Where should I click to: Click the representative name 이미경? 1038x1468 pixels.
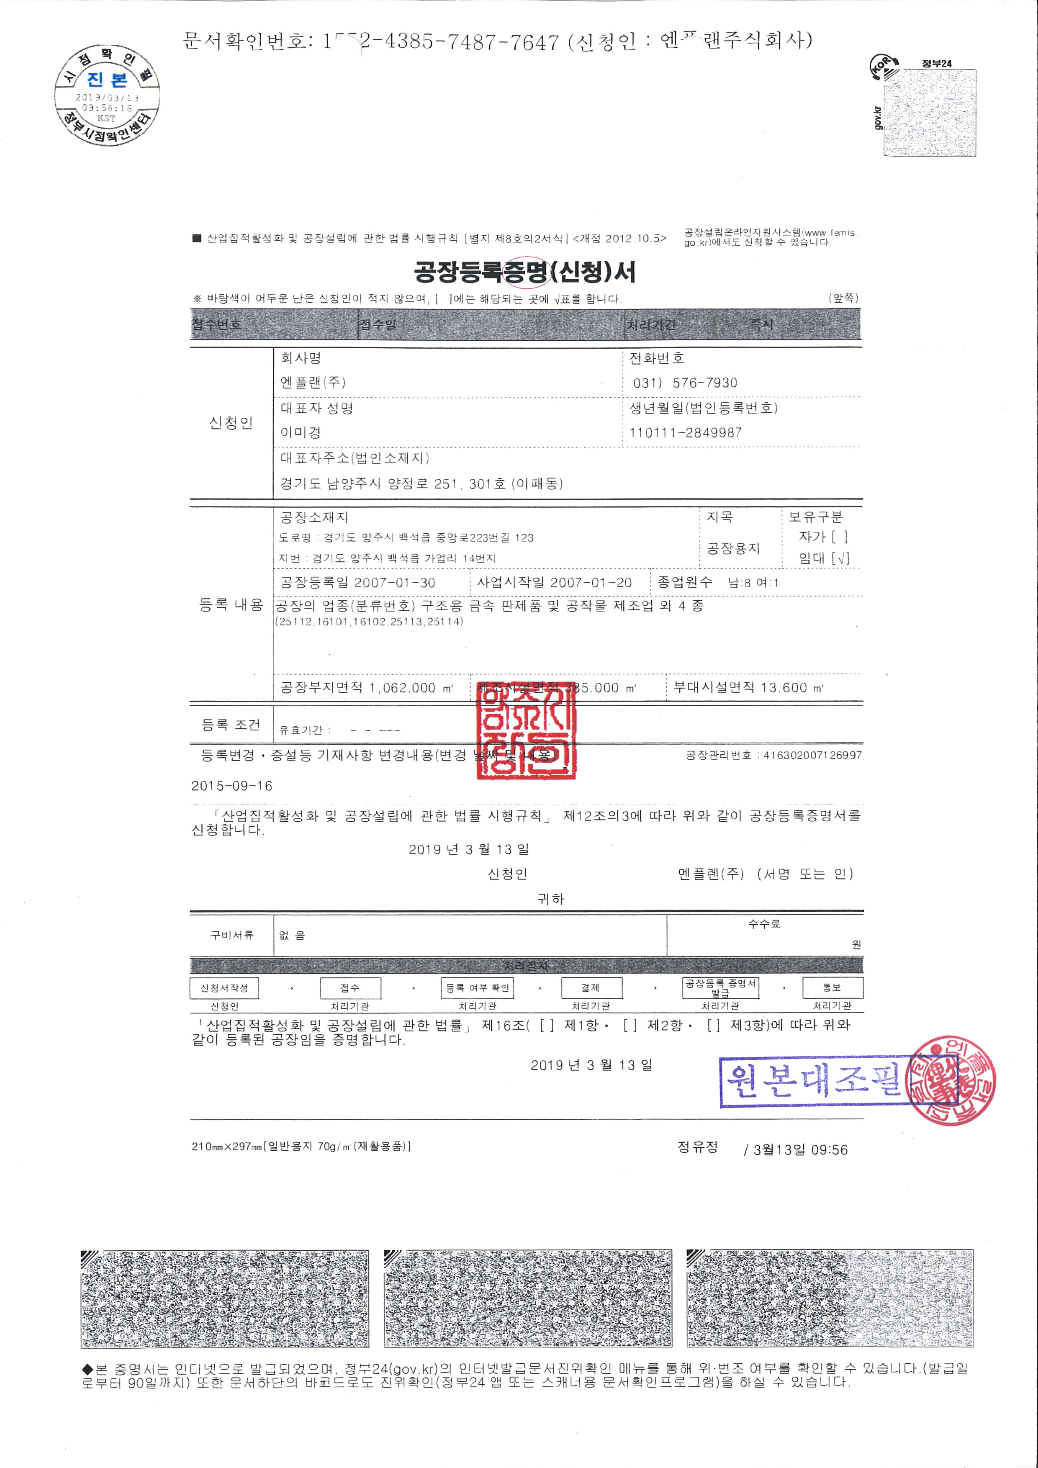301,433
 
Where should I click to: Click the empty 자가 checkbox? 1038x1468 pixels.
840,537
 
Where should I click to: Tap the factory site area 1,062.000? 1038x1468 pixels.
402,688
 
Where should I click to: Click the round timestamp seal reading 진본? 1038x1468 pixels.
107,95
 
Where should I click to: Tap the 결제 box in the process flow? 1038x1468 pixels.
590,988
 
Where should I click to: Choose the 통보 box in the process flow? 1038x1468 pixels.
832,988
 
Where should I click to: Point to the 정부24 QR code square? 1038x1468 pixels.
929,113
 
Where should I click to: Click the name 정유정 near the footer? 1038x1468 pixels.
697,1147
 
